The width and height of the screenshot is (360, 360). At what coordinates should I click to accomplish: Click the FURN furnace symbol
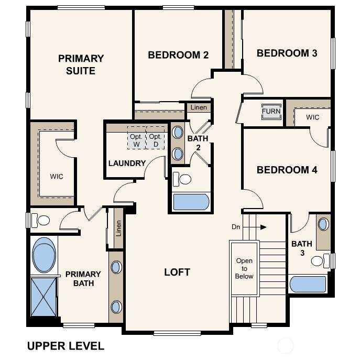click(x=271, y=112)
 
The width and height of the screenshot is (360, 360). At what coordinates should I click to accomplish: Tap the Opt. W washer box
click(x=137, y=138)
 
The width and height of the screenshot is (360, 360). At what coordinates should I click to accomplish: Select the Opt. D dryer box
click(x=156, y=138)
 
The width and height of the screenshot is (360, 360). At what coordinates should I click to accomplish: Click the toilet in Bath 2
click(x=182, y=179)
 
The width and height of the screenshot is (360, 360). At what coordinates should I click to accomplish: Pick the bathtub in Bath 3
click(x=308, y=284)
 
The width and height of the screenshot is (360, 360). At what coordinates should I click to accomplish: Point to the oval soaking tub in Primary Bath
click(x=44, y=255)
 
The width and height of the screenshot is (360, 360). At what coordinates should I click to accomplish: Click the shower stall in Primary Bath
click(x=43, y=297)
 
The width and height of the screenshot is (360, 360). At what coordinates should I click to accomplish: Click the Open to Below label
click(x=244, y=268)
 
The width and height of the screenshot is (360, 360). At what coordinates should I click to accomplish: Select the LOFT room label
click(x=177, y=272)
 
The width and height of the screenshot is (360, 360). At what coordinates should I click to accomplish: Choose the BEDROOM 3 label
click(x=287, y=53)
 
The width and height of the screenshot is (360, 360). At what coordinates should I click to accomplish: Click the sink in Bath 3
click(x=323, y=224)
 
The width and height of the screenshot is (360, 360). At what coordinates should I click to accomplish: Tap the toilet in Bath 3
click(x=320, y=261)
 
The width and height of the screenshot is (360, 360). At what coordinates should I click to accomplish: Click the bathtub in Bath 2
click(x=191, y=202)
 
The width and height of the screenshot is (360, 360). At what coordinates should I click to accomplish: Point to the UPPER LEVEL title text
click(x=66, y=346)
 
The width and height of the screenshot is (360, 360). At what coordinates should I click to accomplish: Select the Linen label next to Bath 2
click(x=199, y=107)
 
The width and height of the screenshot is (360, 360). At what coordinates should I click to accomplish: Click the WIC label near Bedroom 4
click(x=312, y=117)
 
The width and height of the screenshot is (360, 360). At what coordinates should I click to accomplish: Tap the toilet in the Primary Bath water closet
click(x=40, y=220)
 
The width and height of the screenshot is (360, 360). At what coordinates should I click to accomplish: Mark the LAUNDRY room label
click(x=127, y=163)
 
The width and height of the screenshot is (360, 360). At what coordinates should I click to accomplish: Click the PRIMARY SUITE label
click(x=81, y=64)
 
